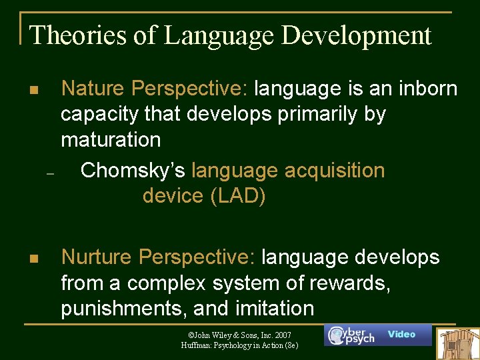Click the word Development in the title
(x=357, y=35)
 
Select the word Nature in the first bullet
(x=94, y=88)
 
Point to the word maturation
(x=111, y=139)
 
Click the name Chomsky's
(x=133, y=171)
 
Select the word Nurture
(x=97, y=257)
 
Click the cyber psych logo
(x=351, y=335)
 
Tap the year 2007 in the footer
(x=280, y=334)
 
